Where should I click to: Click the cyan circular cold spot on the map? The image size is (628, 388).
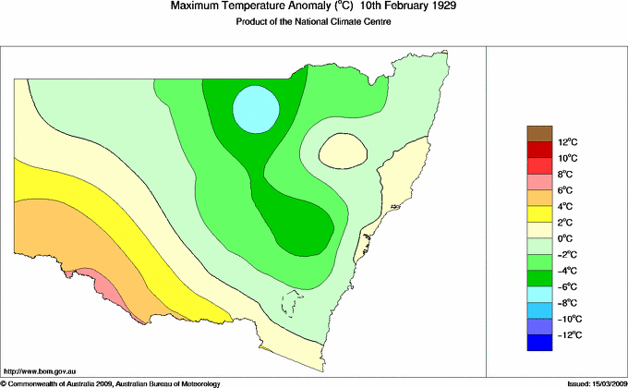(x=255, y=109)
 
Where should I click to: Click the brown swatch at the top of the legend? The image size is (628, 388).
(x=539, y=134)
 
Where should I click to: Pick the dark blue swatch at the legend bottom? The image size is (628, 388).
(x=539, y=343)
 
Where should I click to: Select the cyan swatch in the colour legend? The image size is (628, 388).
(x=539, y=295)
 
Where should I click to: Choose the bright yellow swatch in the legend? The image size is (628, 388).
(x=539, y=214)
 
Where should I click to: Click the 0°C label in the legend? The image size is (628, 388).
(x=566, y=238)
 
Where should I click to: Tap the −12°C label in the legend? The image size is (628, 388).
(x=568, y=334)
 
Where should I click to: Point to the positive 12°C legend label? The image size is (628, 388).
(x=567, y=142)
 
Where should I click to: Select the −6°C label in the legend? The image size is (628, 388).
(x=567, y=286)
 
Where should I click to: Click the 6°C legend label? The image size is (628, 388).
(x=566, y=190)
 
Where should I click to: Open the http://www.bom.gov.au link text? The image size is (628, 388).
(x=39, y=370)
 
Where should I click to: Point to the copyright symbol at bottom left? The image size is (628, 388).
(x=4, y=382)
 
